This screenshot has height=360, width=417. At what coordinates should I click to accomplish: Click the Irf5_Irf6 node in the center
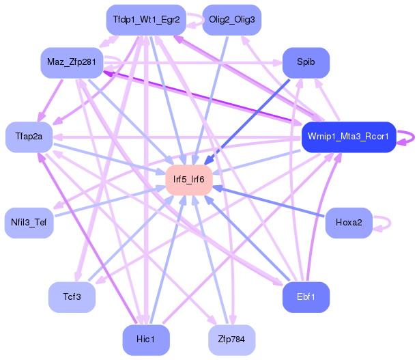(x=189, y=180)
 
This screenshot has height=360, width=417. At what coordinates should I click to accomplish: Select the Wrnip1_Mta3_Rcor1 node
(x=348, y=137)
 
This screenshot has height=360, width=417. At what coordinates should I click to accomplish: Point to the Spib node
(x=306, y=62)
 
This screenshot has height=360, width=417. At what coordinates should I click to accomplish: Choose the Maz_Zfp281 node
(x=70, y=62)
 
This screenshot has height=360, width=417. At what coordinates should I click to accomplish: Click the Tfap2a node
(x=29, y=137)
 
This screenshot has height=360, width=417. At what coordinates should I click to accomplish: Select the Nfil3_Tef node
(x=29, y=223)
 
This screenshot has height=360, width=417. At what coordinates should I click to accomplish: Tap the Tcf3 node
(x=72, y=296)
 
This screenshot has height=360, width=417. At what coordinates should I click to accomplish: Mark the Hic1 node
(x=146, y=340)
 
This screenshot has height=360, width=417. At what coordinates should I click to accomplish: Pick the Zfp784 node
(x=232, y=340)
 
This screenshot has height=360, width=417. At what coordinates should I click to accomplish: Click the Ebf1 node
(x=306, y=296)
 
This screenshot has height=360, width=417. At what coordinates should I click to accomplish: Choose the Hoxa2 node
(x=348, y=223)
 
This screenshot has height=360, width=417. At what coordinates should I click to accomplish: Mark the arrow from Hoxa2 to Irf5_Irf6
(x=273, y=202)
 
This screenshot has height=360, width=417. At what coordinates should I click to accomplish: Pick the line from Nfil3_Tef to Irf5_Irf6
(x=109, y=202)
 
